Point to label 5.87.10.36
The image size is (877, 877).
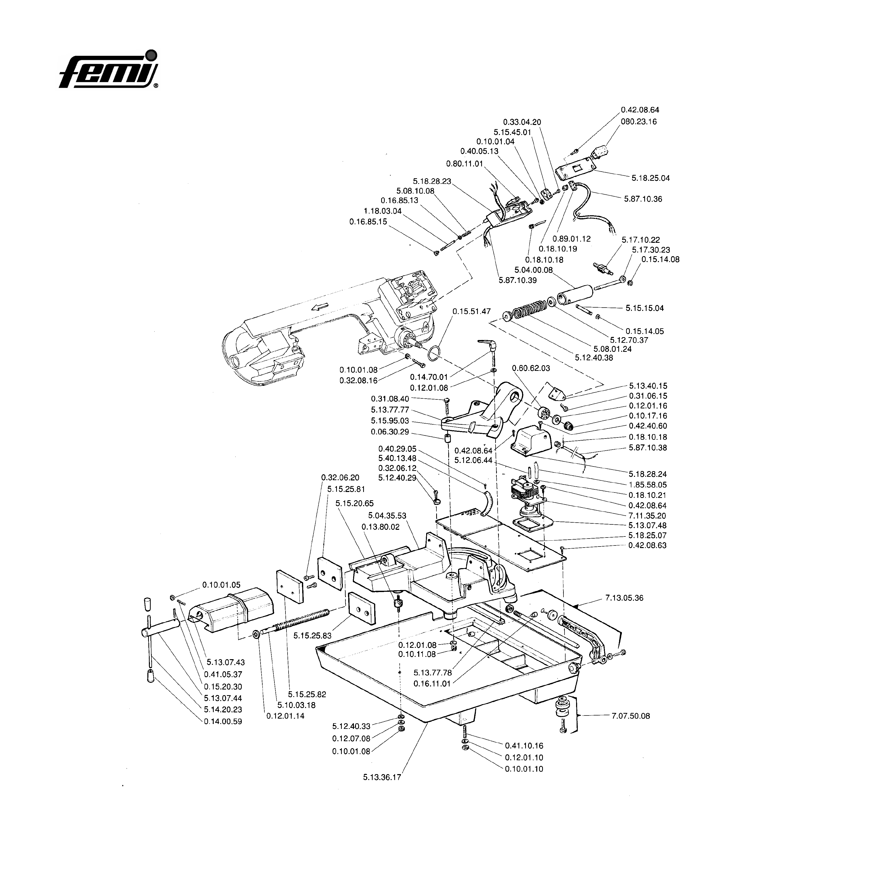pos(643,199)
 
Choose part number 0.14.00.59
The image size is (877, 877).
pos(223,721)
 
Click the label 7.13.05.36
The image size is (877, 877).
pos(624,598)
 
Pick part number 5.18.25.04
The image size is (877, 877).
pos(650,178)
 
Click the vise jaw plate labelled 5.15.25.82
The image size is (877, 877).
pos(289,586)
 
